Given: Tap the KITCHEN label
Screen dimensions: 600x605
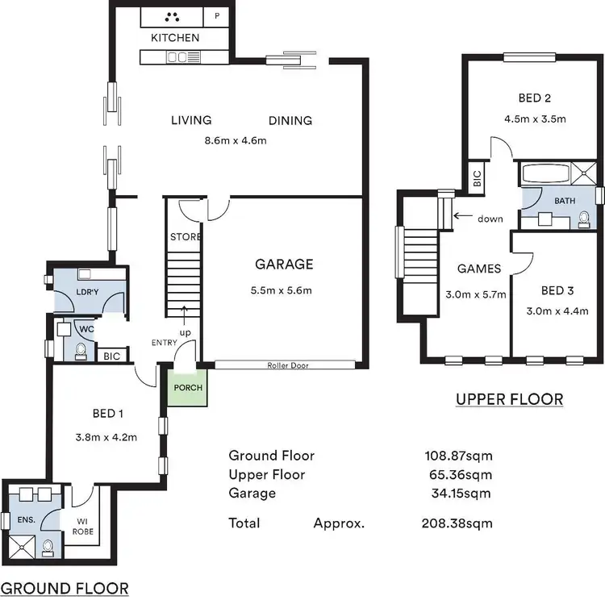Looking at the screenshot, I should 175,38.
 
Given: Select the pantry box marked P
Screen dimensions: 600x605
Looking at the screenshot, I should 217,16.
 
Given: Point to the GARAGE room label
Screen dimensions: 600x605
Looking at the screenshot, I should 284,264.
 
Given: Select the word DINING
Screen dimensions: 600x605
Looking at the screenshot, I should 290,121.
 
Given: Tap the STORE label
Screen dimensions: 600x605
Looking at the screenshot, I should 185,237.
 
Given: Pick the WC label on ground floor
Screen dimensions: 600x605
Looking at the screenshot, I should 85,328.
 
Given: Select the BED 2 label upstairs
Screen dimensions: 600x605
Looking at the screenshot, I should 534,99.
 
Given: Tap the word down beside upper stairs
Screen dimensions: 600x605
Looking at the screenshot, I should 490,218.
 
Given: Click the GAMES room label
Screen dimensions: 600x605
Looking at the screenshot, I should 479,269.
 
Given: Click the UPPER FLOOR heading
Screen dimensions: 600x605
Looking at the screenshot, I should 509,399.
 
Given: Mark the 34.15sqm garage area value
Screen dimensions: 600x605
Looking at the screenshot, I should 462,493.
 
